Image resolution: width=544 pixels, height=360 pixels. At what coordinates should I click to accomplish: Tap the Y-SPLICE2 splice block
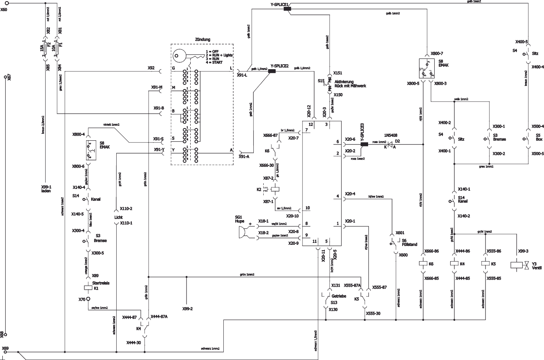(x=272, y=71)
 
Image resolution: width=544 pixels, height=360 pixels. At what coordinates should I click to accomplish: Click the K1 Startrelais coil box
(x=88, y=288)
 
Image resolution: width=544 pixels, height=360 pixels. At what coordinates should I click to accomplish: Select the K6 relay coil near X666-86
(x=423, y=263)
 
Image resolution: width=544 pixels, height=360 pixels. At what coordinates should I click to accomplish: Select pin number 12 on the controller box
(x=311, y=124)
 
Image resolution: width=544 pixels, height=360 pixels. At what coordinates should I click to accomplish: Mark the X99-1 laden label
(x=46, y=189)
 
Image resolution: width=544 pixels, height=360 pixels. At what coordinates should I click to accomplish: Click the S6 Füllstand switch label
(x=410, y=243)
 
